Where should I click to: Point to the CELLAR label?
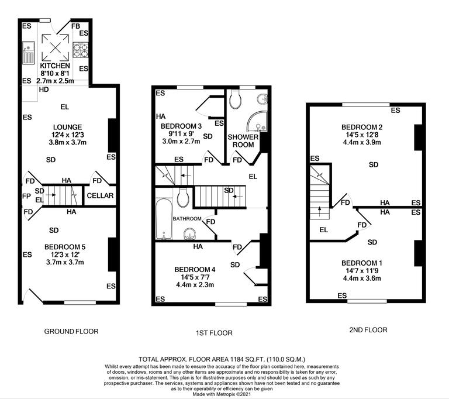tap(101, 195)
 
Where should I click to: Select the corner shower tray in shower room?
tap(255, 121)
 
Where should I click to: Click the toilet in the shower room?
tap(237, 100)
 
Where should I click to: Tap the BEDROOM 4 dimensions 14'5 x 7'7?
tap(195, 277)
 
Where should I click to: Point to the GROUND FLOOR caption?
tap(71, 331)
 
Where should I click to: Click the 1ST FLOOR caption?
tap(214, 333)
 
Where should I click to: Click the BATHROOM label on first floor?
tap(187, 218)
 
